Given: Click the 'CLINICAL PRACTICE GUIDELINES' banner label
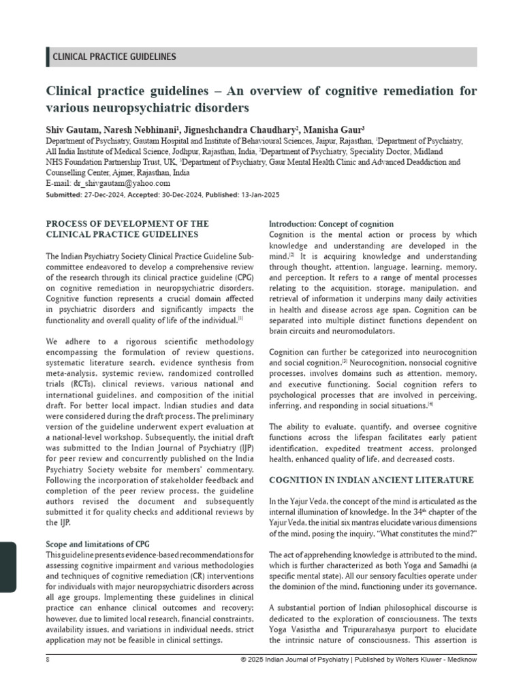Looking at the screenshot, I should [114, 57].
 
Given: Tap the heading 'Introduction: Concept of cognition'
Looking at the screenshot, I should [331, 224].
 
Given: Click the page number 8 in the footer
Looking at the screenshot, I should [48, 661].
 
